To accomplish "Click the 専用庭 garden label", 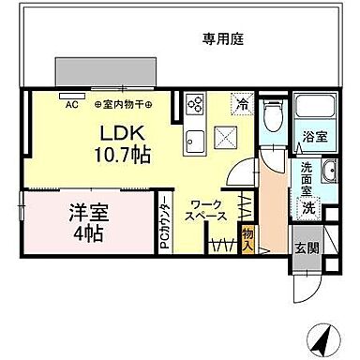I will [x=224, y=38].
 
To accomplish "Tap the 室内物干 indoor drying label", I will [x=126, y=104].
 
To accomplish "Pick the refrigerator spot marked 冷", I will [x=242, y=105].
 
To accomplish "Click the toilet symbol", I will [x=271, y=117].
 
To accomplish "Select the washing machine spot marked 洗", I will [x=307, y=208].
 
